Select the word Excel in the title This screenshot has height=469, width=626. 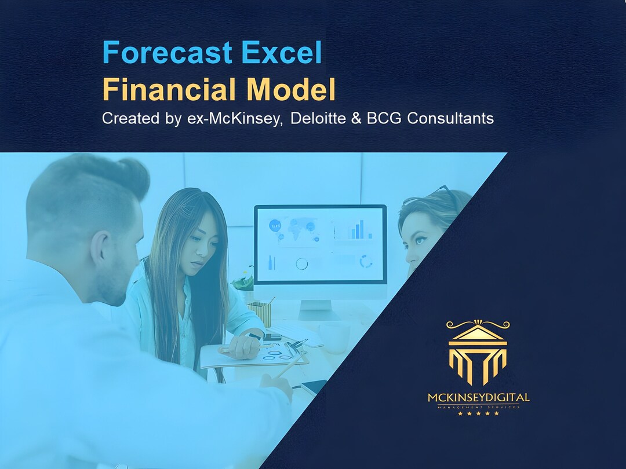click(282, 53)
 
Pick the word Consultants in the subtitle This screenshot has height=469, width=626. click(450, 119)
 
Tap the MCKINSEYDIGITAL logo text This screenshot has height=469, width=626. click(478, 398)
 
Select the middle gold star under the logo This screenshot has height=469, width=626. click(478, 413)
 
